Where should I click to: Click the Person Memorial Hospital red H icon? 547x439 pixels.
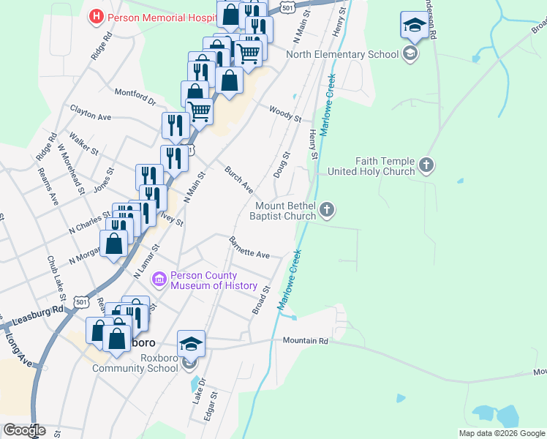pyautogui.click(x=95, y=16)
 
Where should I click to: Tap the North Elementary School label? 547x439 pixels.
pyautogui.click(x=342, y=54)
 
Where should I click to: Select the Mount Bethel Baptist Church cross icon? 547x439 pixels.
pyautogui.click(x=327, y=211)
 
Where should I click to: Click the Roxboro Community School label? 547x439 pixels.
pyautogui.click(x=135, y=367)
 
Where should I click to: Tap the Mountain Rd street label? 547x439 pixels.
pyautogui.click(x=306, y=341)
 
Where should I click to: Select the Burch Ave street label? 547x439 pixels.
pyautogui.click(x=238, y=179)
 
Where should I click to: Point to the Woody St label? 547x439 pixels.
pyautogui.click(x=285, y=113)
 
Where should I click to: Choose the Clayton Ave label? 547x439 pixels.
pyautogui.click(x=91, y=112)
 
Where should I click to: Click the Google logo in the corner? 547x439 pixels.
pyautogui.click(x=24, y=430)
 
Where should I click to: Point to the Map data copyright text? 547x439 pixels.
pyautogui.click(x=502, y=433)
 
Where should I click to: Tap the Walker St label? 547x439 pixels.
pyautogui.click(x=83, y=143)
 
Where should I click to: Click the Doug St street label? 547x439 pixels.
pyautogui.click(x=282, y=164)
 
